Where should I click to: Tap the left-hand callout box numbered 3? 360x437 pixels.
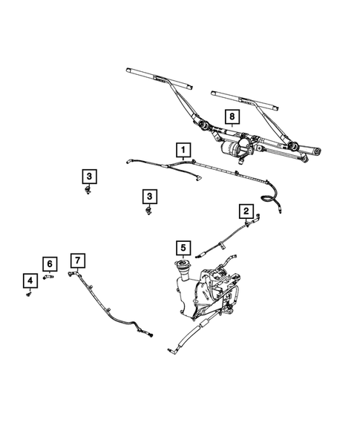[x=88, y=176]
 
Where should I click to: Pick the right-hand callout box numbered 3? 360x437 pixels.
[x=150, y=196]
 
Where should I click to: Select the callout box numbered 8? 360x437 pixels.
[x=232, y=116]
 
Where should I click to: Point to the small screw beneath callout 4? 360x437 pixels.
[x=30, y=295]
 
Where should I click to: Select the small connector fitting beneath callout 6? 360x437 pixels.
[x=49, y=277]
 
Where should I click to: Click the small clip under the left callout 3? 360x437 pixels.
[x=88, y=191]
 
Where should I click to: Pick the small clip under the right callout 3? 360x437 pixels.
[x=149, y=211]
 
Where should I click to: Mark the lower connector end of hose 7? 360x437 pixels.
[x=151, y=333]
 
